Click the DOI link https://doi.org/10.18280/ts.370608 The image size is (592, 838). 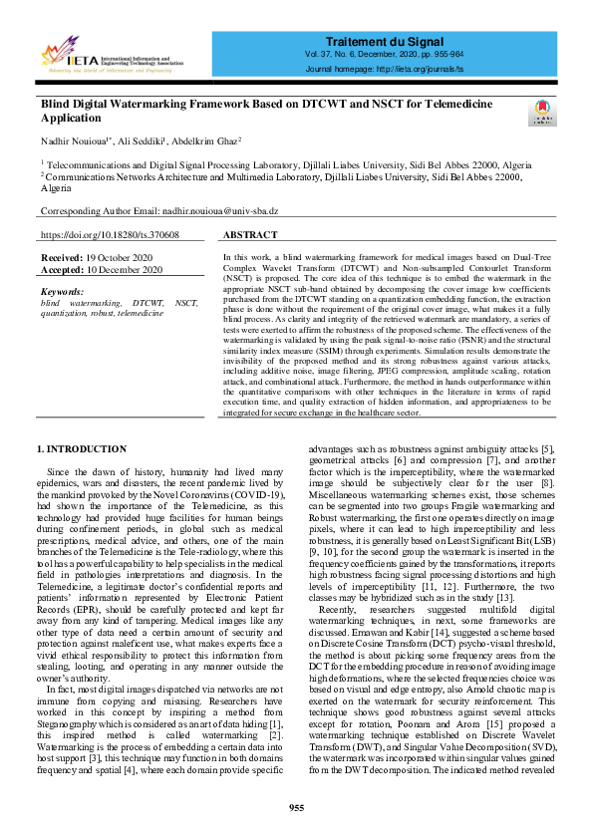pos(110,235)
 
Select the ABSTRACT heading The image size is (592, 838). pos(251,235)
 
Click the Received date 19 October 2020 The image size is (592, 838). pos(120,257)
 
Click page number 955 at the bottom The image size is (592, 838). pos(296,807)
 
